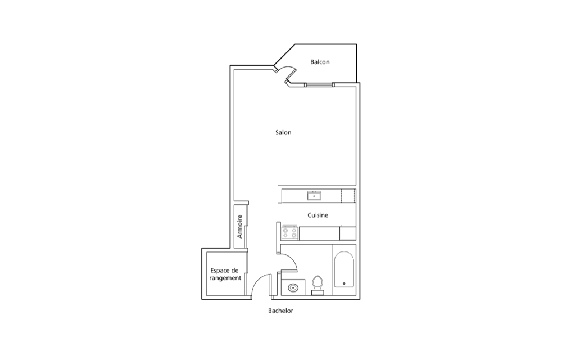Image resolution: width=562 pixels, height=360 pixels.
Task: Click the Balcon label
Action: (320, 62)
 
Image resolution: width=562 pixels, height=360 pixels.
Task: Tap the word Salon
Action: (283, 133)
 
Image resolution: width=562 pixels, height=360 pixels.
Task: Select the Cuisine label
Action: (318, 215)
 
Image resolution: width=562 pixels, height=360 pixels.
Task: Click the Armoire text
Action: (240, 227)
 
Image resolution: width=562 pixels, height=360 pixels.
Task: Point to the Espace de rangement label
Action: (225, 274)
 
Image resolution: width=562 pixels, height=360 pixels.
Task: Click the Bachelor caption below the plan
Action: (280, 311)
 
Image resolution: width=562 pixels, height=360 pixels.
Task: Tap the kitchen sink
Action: (314, 196)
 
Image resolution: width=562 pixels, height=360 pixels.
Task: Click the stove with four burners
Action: (290, 233)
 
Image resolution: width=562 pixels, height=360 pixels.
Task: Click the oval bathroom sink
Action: (293, 287)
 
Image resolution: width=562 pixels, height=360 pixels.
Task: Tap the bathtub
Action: (344, 269)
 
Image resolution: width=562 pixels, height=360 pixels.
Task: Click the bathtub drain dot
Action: (344, 283)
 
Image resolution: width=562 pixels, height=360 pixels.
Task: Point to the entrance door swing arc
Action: (257, 281)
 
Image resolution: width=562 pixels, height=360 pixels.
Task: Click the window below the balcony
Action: (319, 85)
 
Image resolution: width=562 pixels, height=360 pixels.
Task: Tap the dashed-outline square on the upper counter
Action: (348, 196)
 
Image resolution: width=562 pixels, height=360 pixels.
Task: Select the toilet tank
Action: (318, 293)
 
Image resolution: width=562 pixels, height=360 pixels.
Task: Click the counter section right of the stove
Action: (319, 233)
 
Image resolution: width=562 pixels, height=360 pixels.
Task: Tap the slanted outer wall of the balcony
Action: (284, 55)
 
